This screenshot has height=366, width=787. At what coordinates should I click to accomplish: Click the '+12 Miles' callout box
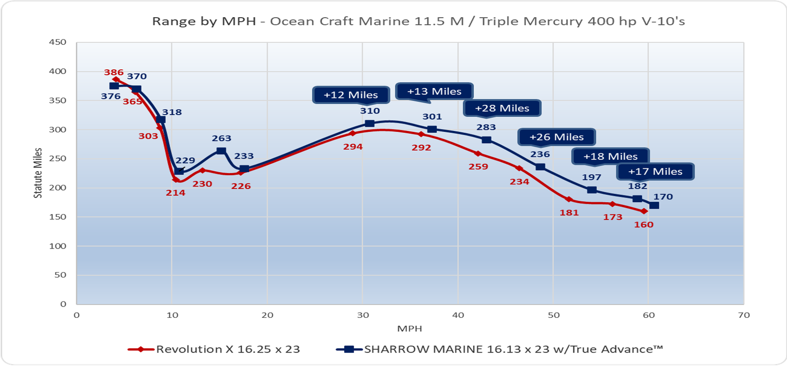(x=351, y=95)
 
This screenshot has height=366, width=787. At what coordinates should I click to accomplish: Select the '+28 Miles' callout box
(x=502, y=108)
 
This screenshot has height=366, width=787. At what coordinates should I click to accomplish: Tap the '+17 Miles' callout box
(x=655, y=172)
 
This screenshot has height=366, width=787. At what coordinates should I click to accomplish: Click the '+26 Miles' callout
(x=556, y=137)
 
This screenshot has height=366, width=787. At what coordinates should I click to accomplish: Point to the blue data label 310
(x=370, y=111)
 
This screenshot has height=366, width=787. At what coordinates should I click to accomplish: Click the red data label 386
(x=114, y=72)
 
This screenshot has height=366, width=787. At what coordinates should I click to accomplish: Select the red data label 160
(x=644, y=225)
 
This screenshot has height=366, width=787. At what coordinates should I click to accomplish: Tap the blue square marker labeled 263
(x=221, y=151)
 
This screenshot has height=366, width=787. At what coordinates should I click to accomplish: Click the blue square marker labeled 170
(x=654, y=205)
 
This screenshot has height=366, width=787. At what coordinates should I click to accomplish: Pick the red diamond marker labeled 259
(x=478, y=153)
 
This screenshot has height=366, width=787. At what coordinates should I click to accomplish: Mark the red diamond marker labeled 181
(x=569, y=199)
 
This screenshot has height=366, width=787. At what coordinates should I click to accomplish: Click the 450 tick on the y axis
(x=58, y=42)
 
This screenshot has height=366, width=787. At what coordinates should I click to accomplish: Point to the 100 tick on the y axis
(x=58, y=246)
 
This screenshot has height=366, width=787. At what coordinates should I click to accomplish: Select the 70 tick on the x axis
(x=744, y=315)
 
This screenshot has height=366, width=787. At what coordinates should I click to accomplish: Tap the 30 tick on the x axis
(x=363, y=315)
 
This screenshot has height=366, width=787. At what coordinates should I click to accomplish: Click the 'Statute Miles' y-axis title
(x=38, y=173)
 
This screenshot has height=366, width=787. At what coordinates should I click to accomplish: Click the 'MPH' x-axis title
(x=410, y=329)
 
